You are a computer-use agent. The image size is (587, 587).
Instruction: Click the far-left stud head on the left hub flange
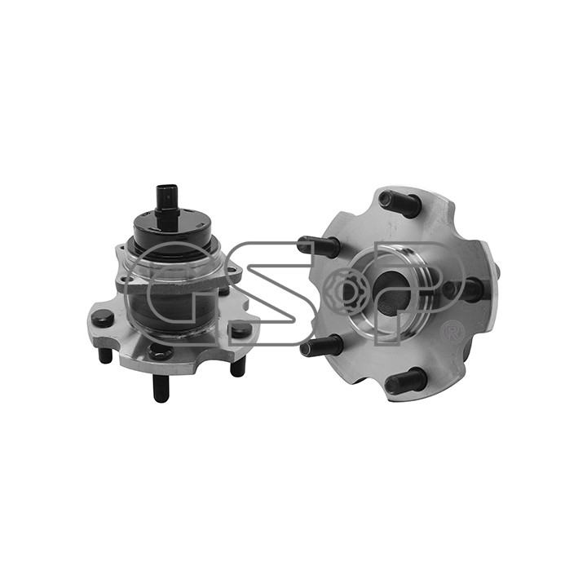click(103, 320)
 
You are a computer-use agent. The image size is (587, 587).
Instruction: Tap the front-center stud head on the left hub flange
click(161, 352)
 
